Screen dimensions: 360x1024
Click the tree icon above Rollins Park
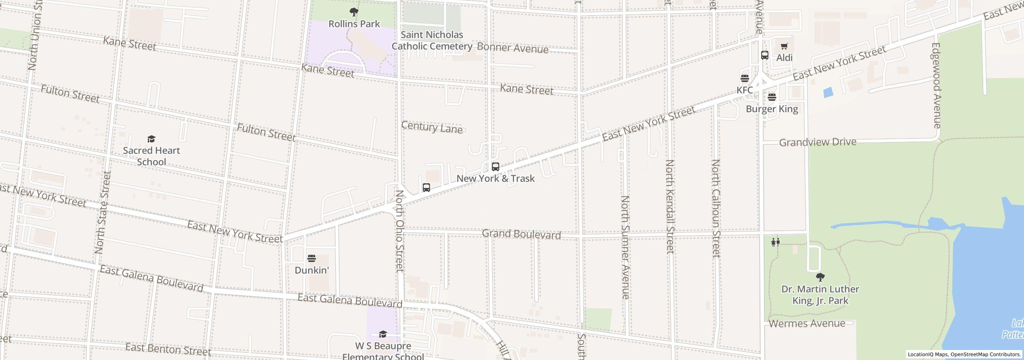coord(354,12)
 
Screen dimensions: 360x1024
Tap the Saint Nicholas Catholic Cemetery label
coord(432,40)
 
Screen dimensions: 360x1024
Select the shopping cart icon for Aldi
coord(784,46)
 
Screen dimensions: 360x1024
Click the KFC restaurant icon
coord(744,78)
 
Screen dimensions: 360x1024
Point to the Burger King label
coord(772,109)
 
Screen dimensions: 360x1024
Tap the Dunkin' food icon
coord(311,258)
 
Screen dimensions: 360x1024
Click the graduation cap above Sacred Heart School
coord(151,139)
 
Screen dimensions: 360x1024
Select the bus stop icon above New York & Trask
coord(495,166)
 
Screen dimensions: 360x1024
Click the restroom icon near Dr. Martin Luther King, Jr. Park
coord(775,242)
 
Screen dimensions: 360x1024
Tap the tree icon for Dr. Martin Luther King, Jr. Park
coord(820,277)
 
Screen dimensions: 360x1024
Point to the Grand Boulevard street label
coord(521,234)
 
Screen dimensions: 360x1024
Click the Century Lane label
coord(432,128)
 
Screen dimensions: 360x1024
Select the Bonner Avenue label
coord(512,48)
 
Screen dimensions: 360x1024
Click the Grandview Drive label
coord(818,142)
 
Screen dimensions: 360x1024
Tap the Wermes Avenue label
coord(807,323)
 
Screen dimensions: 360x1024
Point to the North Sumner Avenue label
coord(625,247)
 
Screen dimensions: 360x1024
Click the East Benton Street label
coord(168,349)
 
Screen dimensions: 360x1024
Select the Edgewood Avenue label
coord(936,86)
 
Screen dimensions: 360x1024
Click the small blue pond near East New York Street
coord(828,92)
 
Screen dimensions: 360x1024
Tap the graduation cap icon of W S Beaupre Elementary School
coord(383,334)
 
